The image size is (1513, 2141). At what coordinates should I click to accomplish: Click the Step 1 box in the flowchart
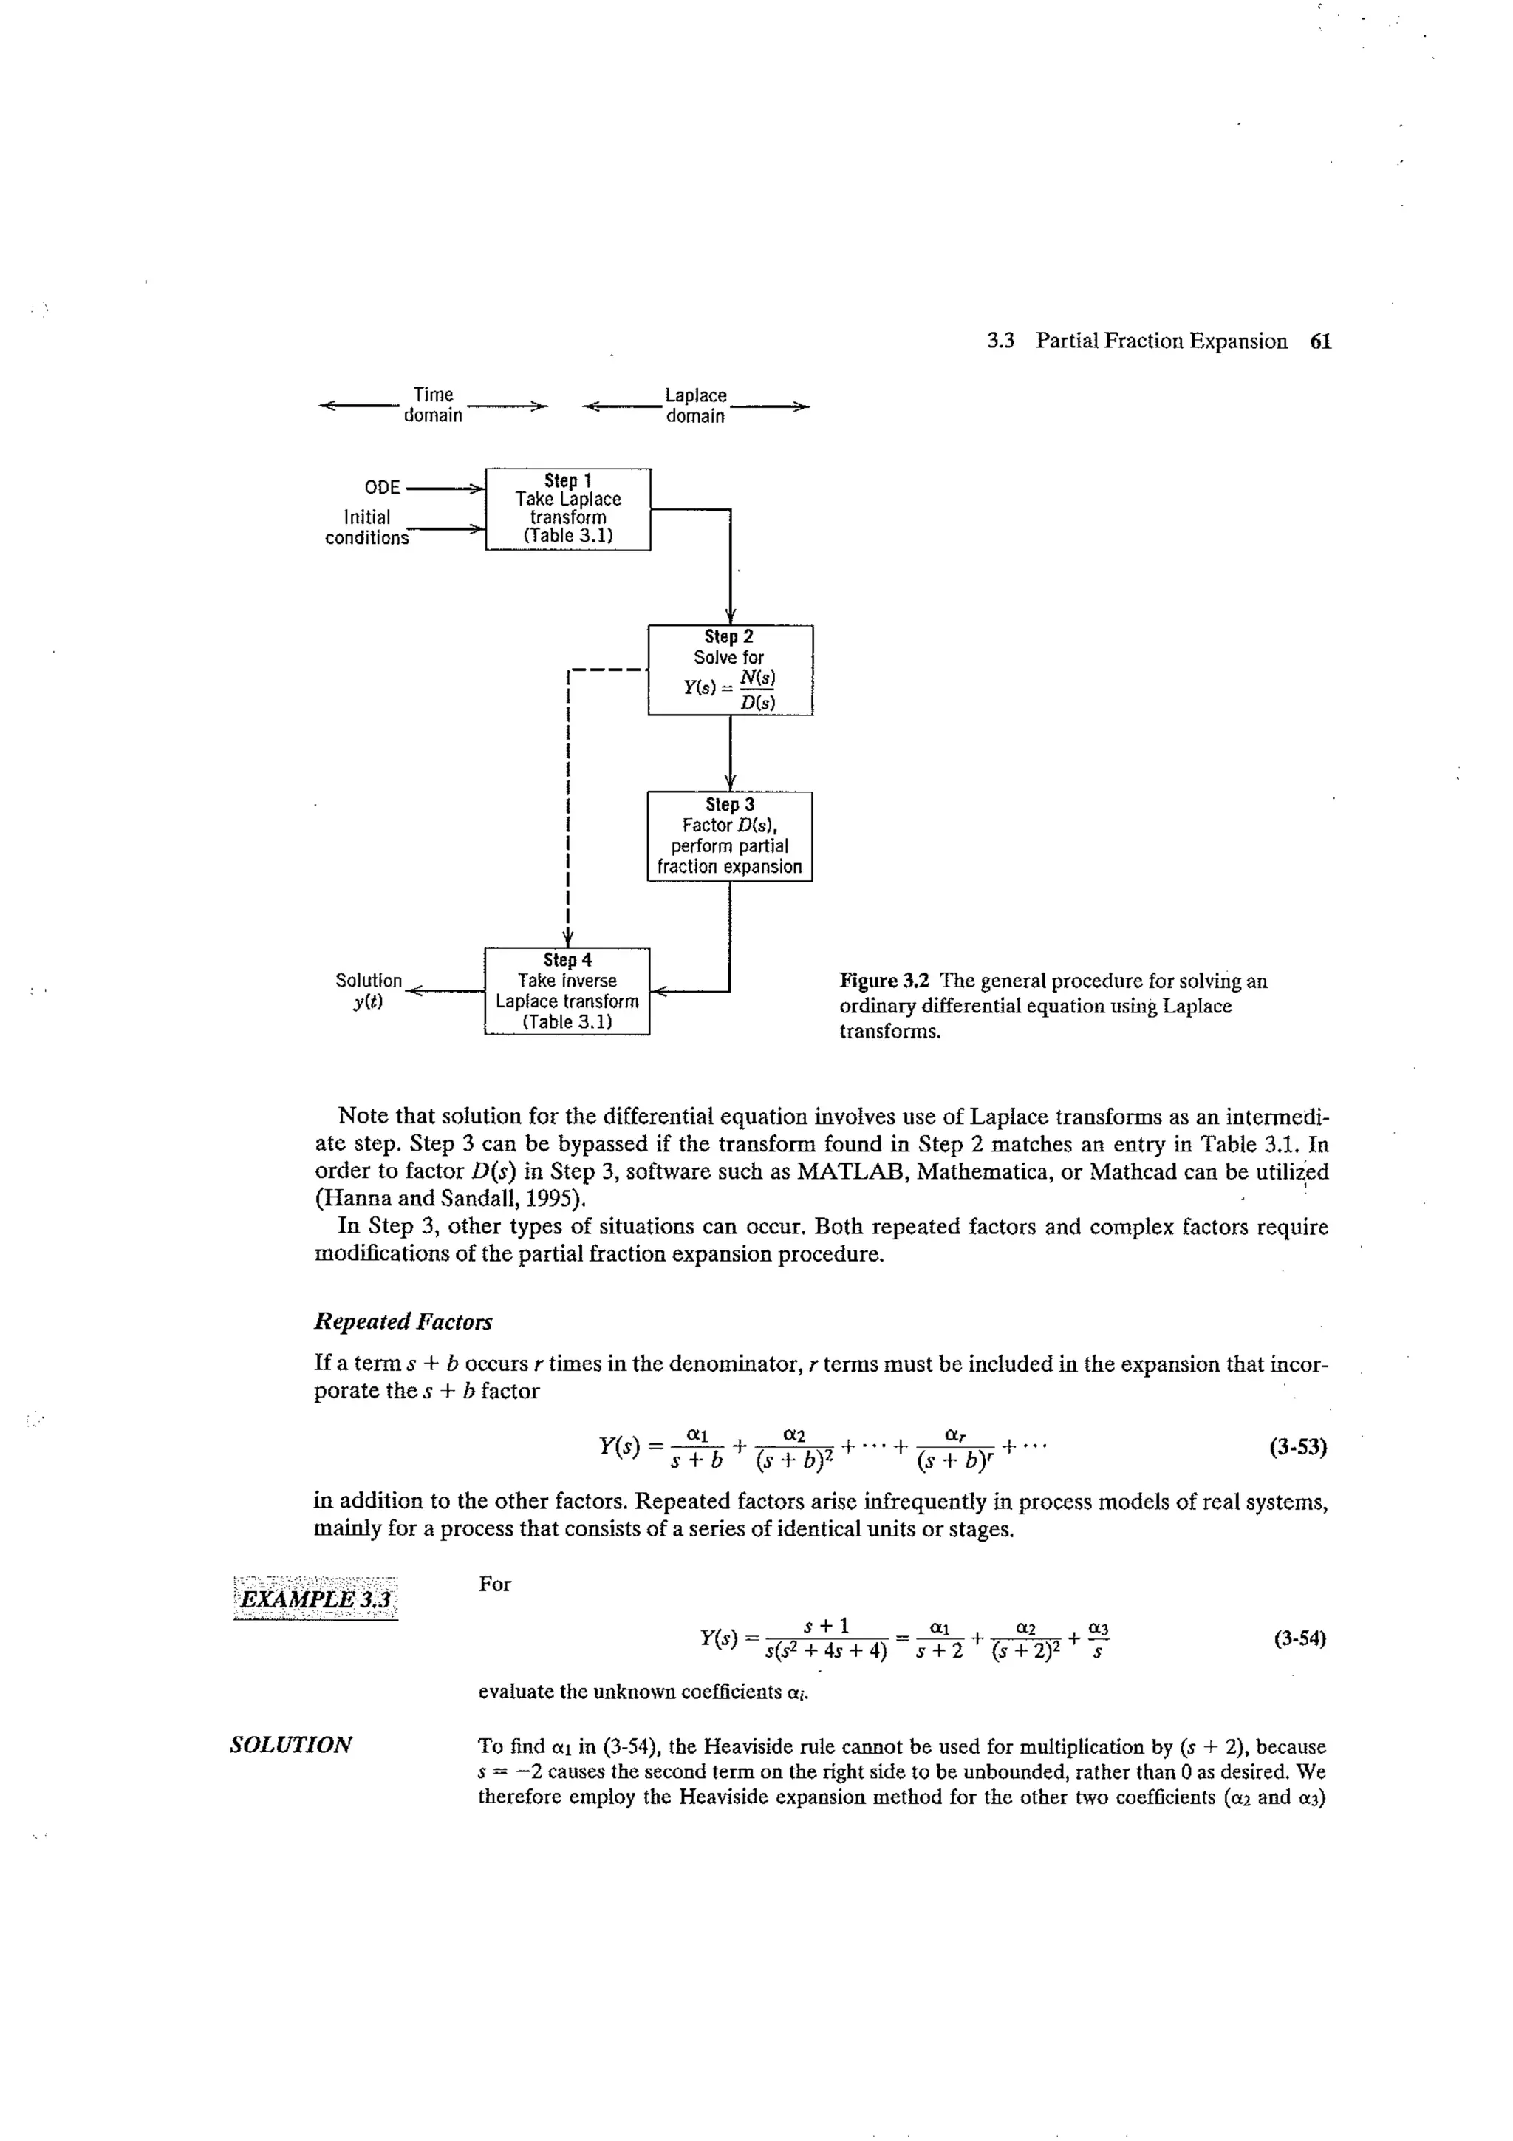pos(567,509)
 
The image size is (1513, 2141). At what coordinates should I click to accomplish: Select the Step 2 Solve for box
pos(730,670)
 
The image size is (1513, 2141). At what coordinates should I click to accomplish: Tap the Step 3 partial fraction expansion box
pos(730,836)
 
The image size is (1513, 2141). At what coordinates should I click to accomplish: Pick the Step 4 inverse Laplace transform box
pos(567,990)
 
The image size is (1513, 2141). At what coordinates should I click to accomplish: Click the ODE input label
pos(382,488)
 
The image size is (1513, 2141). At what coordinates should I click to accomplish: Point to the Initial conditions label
pos(366,527)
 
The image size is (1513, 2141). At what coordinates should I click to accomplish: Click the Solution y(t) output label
pos(368,990)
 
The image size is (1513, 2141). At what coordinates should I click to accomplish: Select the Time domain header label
pos(433,406)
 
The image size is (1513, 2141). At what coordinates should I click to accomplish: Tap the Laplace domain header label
pos(695,406)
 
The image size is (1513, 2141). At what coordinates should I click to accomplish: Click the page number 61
pos(1320,341)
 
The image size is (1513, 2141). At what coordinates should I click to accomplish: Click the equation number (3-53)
pos(1298,1447)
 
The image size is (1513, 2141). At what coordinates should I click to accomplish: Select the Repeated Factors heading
pos(403,1321)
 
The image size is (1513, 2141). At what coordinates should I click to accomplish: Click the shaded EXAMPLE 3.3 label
pos(315,1600)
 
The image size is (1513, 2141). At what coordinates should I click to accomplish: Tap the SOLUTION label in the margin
pos(291,1745)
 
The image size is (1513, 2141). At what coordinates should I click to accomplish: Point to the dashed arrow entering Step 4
pos(567,936)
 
